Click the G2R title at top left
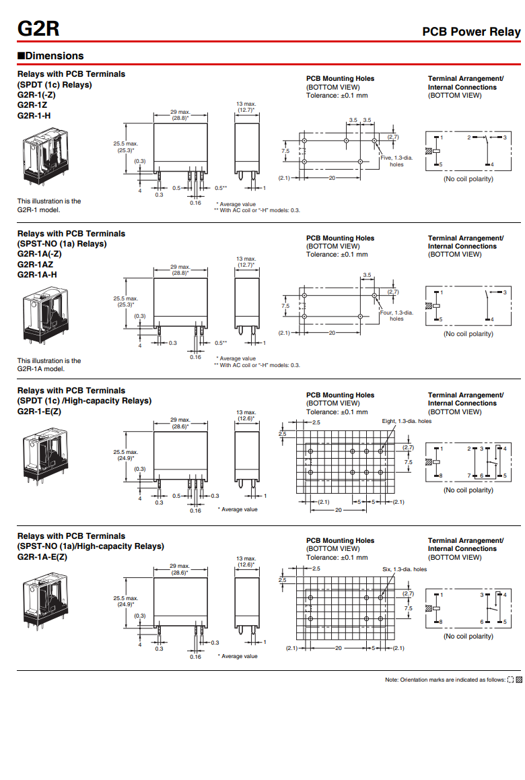click(x=38, y=28)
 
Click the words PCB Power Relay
click(x=470, y=32)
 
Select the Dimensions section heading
click(x=51, y=56)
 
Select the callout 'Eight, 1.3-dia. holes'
click(x=407, y=421)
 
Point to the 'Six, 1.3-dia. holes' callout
click(x=405, y=569)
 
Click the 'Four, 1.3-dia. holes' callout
click(x=396, y=315)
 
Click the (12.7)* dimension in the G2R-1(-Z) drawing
click(x=246, y=110)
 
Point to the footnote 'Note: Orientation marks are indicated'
click(x=445, y=680)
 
